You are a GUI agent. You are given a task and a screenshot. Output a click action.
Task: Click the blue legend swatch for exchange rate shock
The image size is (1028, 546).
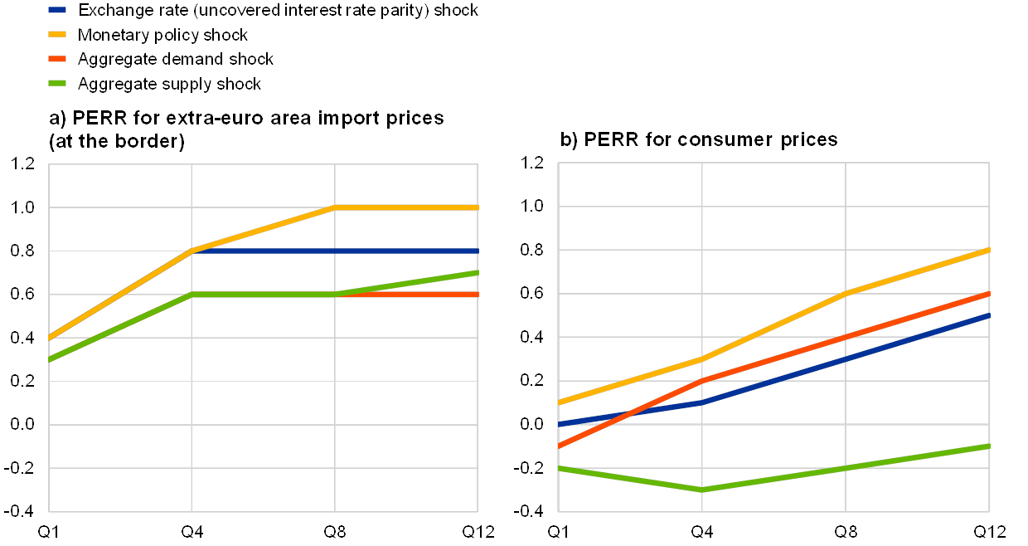[59, 11]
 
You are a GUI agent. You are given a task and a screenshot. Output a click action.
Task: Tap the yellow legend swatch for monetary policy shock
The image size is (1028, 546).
[59, 35]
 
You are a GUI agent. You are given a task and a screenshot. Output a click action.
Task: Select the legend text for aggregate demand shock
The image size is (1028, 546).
[175, 59]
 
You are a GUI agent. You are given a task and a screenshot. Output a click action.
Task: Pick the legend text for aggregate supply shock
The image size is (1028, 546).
[169, 84]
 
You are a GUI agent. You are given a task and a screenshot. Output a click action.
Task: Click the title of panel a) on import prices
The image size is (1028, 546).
[246, 129]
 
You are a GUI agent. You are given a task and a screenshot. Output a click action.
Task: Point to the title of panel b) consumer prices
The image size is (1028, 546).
[700, 139]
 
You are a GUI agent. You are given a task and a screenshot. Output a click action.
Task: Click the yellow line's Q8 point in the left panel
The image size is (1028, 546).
[335, 207]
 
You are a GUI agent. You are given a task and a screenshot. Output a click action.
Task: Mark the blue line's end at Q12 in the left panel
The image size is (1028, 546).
[478, 251]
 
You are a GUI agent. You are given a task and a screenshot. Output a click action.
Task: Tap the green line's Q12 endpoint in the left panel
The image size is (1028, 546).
[478, 272]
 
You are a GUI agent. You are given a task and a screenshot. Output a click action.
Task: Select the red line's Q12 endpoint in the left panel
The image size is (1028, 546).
[478, 295]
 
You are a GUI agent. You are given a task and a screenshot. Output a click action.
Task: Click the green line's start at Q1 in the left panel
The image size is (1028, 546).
[50, 360]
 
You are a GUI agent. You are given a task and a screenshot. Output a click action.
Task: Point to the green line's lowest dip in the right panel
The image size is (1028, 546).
[702, 490]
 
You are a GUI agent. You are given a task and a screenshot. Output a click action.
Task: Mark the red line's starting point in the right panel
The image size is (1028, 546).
[560, 446]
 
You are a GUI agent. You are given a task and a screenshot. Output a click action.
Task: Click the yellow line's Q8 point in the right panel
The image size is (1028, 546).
[846, 294]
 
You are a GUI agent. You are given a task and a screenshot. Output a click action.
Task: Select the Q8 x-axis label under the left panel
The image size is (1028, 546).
[335, 531]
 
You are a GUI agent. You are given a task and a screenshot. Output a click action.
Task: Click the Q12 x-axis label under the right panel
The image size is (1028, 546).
[987, 531]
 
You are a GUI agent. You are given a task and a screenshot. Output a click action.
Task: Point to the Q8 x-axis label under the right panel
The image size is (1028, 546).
[846, 531]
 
